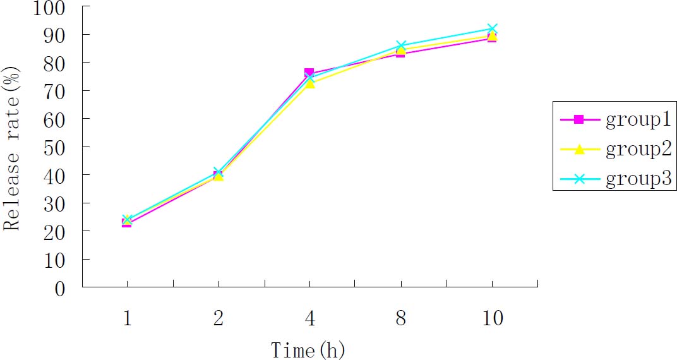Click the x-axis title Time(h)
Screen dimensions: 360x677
tap(308, 349)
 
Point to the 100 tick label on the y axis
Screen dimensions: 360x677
tap(55, 9)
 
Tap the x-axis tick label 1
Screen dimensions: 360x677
tap(128, 319)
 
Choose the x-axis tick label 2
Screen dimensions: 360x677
tap(219, 319)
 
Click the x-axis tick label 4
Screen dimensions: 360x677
tap(309, 319)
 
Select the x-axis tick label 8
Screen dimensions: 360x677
tap(400, 319)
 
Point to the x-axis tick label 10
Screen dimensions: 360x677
tap(491, 319)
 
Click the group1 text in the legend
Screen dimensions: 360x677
tap(638, 120)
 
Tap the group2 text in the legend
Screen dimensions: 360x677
tap(638, 150)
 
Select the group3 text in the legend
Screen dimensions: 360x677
tap(638, 180)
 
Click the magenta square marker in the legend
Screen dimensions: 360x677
tap(578, 119)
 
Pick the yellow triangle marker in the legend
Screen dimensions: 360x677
tap(578, 149)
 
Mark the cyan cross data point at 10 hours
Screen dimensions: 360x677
tap(492, 29)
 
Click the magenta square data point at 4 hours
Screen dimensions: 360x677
tap(309, 73)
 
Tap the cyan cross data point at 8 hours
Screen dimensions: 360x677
tap(401, 46)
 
